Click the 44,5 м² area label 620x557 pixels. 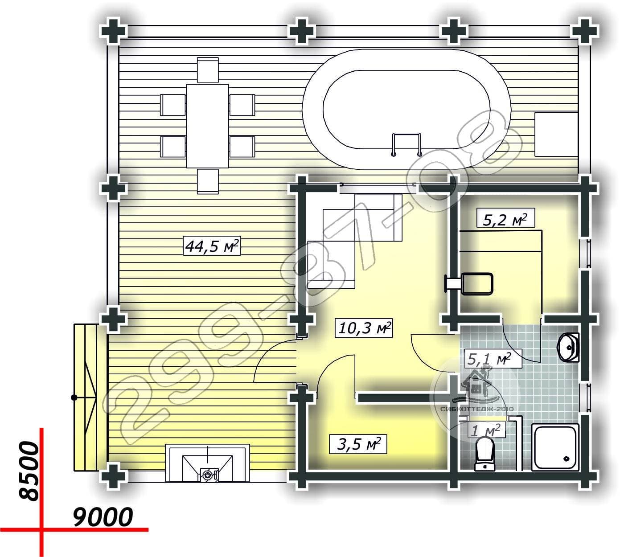click(x=212, y=246)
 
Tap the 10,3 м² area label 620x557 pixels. click(x=364, y=328)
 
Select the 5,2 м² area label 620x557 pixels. click(x=505, y=219)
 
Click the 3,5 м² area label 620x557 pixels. click(x=358, y=444)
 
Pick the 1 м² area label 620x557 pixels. click(x=485, y=430)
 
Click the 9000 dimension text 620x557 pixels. click(x=103, y=517)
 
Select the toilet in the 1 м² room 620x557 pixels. click(x=485, y=454)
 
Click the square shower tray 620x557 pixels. click(x=555, y=447)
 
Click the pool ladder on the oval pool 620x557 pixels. click(x=407, y=144)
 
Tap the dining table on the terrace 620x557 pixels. click(x=207, y=126)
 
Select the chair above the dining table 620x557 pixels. click(x=208, y=70)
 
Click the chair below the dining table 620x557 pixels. click(x=208, y=181)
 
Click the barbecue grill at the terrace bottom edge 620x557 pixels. click(x=207, y=463)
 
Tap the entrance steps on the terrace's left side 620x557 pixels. click(x=86, y=397)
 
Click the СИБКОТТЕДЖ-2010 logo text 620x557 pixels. click(x=477, y=409)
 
